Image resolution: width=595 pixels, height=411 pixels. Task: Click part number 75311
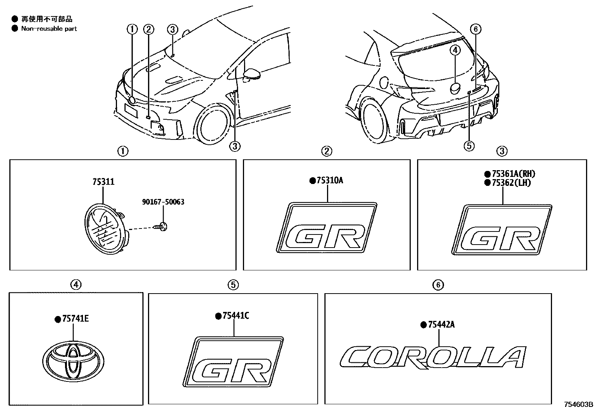pos(103,182)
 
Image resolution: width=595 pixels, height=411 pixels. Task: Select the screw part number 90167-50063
pos(163,202)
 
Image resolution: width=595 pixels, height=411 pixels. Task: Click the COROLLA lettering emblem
pos(433,358)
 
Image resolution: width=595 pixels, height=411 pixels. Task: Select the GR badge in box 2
pos(326,228)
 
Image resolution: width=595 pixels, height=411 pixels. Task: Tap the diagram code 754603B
pos(579,405)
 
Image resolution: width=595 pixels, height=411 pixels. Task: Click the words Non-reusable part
pos(49,28)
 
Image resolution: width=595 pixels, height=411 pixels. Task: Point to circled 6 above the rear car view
pos(475,29)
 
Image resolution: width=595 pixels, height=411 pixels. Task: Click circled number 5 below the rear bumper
pos(469,145)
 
